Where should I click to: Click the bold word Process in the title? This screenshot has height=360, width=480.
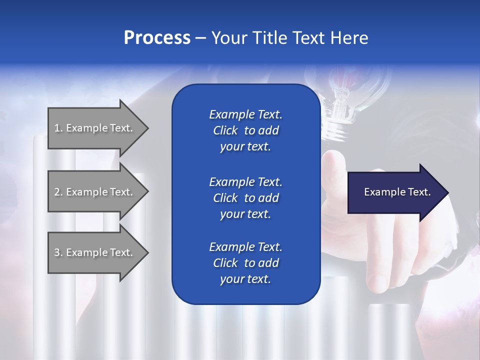click(157, 38)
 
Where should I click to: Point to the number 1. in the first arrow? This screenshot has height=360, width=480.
click(58, 128)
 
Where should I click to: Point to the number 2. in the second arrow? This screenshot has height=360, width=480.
click(58, 192)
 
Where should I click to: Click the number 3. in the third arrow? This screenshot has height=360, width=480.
click(58, 252)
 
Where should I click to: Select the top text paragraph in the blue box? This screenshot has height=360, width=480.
click(245, 130)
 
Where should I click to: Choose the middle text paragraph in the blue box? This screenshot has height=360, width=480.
click(245, 197)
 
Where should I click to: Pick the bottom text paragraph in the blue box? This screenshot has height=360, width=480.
click(245, 263)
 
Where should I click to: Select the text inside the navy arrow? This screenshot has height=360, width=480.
click(397, 192)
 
